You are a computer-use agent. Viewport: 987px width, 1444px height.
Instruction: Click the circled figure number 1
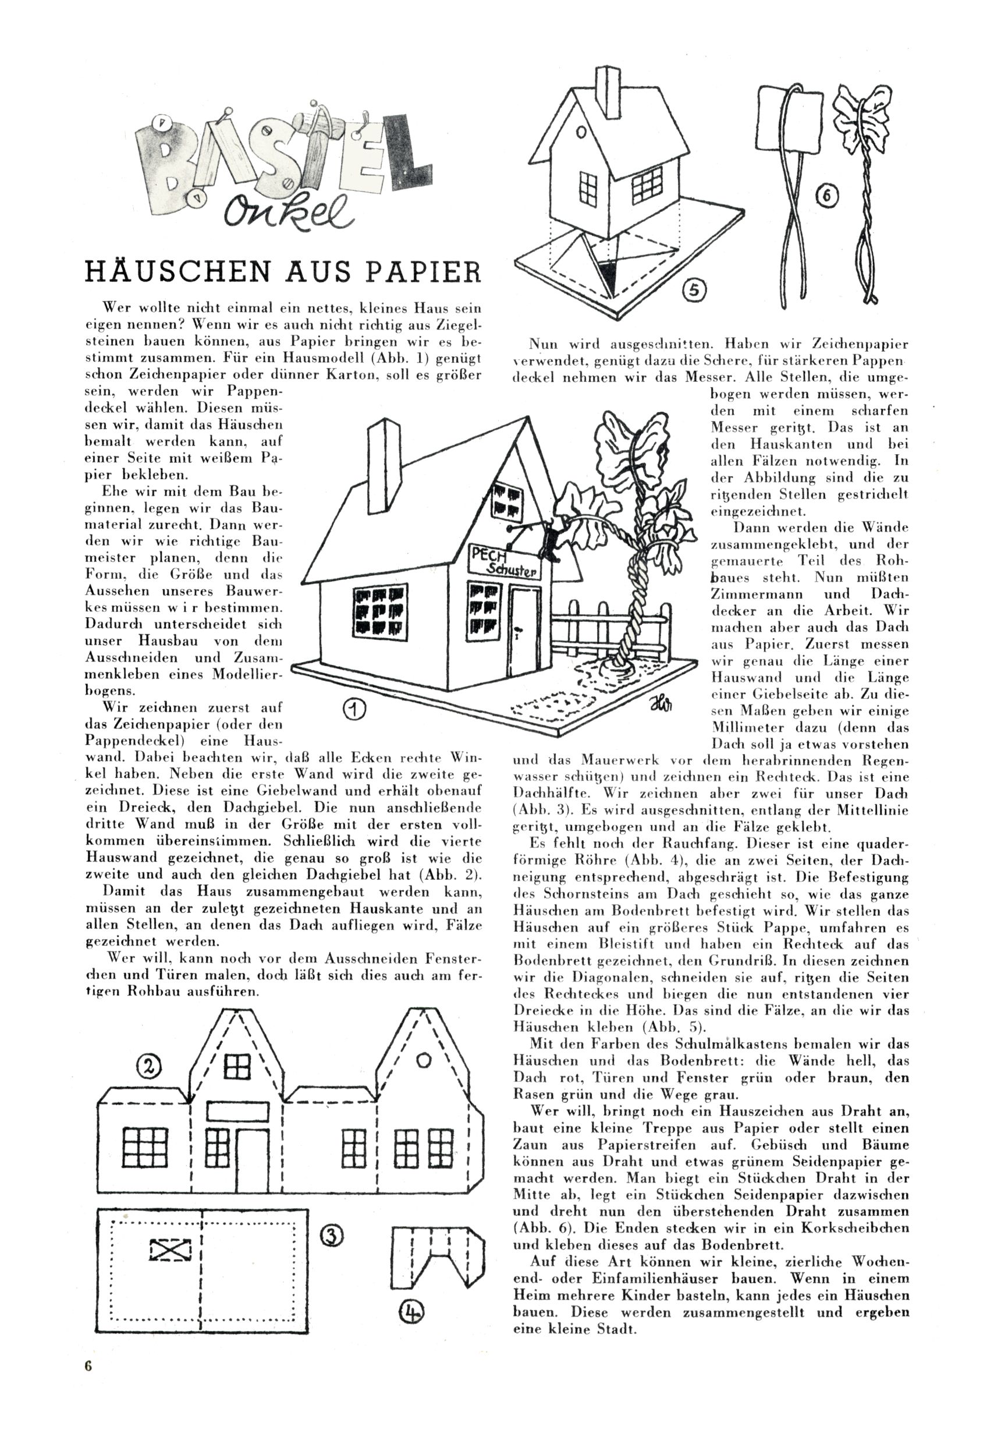353,709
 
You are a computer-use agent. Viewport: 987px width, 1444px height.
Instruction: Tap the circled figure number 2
148,1066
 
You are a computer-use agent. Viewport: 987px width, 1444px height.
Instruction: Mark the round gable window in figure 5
581,132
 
